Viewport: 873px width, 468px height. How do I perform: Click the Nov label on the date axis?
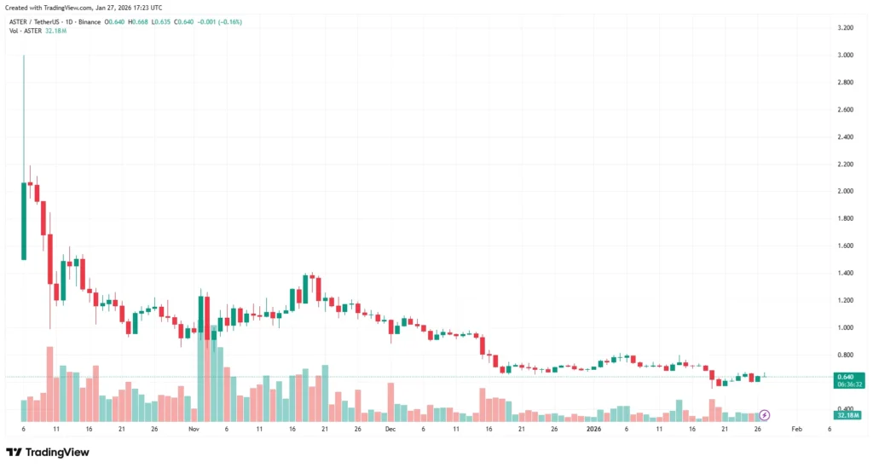pos(194,429)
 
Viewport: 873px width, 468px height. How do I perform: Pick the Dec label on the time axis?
pos(390,429)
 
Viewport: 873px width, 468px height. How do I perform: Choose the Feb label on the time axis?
pos(796,429)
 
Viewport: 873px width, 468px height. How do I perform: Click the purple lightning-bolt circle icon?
pos(765,415)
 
